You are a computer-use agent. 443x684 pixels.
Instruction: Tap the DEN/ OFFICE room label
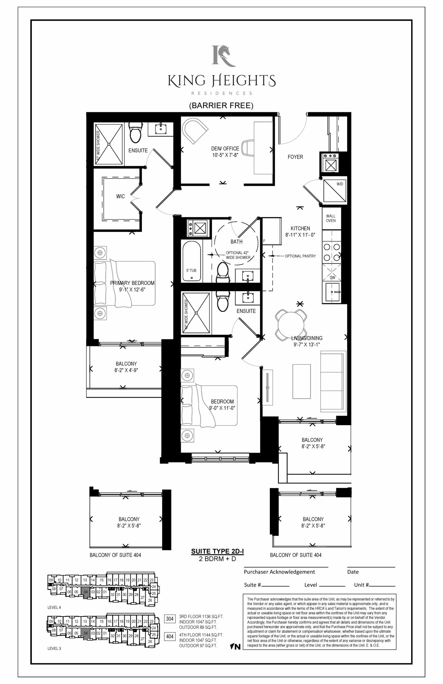pyautogui.click(x=225, y=149)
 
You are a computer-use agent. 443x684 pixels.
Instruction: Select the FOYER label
pyautogui.click(x=295, y=157)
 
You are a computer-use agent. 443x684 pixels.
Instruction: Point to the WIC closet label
pyautogui.click(x=120, y=196)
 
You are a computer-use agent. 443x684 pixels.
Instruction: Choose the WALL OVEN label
pyautogui.click(x=331, y=218)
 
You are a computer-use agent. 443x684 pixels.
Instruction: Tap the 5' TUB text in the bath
pyautogui.click(x=191, y=270)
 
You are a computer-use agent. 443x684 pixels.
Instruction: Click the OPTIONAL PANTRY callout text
pyautogui.click(x=300, y=256)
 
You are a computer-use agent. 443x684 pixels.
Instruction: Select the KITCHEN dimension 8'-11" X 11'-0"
pyautogui.click(x=300, y=235)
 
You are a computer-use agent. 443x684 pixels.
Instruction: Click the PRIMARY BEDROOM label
pyautogui.click(x=132, y=283)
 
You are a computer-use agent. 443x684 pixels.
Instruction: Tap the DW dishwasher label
pyautogui.click(x=332, y=278)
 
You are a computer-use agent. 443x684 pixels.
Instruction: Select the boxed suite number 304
pyautogui.click(x=170, y=618)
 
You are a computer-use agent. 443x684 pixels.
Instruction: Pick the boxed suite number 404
pyautogui.click(x=170, y=637)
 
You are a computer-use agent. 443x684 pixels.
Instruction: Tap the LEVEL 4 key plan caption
pyautogui.click(x=54, y=607)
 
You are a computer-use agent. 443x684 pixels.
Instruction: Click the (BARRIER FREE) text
pyautogui.click(x=221, y=106)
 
